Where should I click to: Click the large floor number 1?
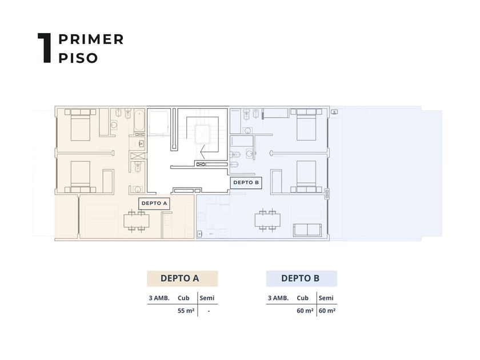[45, 48]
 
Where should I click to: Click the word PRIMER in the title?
[91, 39]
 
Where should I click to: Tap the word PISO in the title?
[78, 58]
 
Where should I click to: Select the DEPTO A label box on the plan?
[154, 203]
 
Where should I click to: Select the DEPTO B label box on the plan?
[246, 182]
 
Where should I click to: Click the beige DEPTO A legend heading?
[182, 278]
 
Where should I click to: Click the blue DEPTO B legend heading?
[302, 278]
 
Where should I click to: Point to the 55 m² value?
[186, 311]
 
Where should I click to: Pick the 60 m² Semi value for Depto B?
[327, 311]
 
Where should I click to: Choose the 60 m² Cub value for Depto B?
[305, 311]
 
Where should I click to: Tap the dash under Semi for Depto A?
[209, 311]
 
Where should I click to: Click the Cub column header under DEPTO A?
[183, 298]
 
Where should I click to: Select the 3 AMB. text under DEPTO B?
[278, 298]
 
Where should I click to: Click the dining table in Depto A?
[136, 221]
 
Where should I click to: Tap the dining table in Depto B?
[267, 220]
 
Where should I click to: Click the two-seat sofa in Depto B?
[307, 230]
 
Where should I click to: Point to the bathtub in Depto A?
[139, 120]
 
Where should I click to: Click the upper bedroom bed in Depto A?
[80, 125]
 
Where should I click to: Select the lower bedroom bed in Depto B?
[306, 177]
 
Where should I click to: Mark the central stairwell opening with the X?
[203, 134]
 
